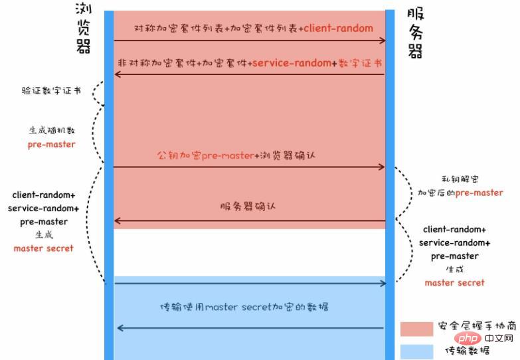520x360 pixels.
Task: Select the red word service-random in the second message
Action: tap(292, 62)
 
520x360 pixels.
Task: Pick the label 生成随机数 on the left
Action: tap(51, 130)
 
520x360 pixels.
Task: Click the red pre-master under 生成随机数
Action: tap(51, 144)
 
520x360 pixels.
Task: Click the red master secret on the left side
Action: tap(43, 248)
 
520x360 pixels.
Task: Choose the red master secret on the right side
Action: tap(454, 282)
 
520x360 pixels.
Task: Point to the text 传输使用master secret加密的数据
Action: tap(244, 308)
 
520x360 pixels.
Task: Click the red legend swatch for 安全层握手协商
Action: tap(416, 328)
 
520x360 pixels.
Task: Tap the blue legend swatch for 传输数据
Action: tap(416, 350)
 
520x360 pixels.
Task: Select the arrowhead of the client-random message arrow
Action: tap(383, 41)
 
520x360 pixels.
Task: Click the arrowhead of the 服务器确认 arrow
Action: tap(118, 221)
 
